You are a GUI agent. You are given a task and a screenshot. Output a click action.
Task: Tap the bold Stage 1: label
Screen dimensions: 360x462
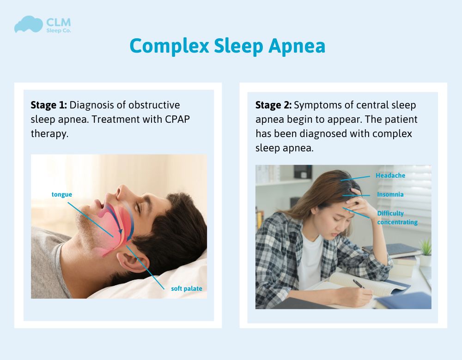[49, 105]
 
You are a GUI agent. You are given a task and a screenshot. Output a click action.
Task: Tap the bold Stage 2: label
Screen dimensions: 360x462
[274, 105]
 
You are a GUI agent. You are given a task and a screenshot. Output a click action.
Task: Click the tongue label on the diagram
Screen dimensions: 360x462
[61, 194]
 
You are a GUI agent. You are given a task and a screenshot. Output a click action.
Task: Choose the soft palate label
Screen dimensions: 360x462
[183, 289]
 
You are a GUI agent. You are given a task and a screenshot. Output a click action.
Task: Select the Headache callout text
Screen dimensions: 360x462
[390, 176]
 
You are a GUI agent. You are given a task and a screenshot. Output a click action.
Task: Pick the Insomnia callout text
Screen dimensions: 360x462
[390, 195]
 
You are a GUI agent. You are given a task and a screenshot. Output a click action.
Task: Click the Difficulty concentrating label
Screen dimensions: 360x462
[397, 218]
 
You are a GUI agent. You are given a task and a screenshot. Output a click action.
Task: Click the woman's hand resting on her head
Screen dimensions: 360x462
[357, 196]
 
